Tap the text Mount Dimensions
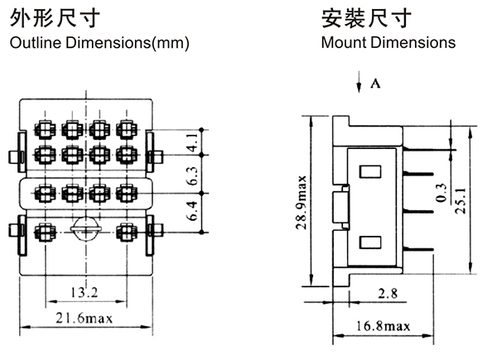388,42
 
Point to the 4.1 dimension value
191,142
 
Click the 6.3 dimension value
191,175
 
